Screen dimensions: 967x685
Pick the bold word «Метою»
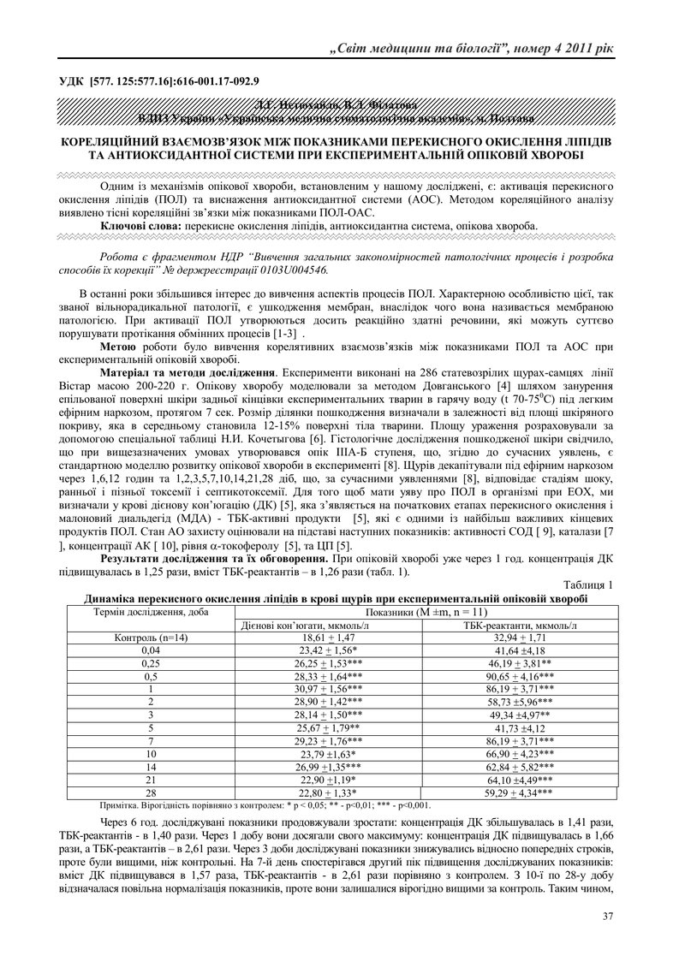point(118,346)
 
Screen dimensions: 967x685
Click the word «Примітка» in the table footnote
point(122,805)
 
